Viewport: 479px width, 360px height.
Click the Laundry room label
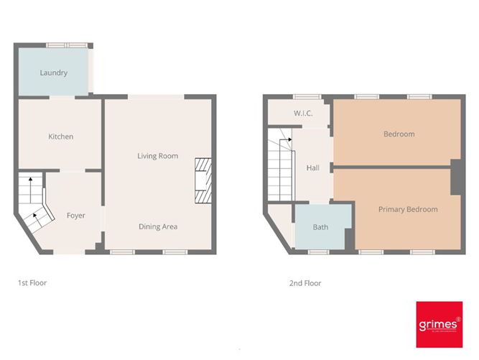point(54,73)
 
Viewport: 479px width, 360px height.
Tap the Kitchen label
point(61,137)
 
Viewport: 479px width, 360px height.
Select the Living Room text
point(158,156)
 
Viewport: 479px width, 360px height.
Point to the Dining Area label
point(158,226)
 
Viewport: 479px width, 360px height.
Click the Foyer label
point(76,216)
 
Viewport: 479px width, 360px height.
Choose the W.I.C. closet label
point(302,114)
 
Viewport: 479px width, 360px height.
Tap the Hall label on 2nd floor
point(313,167)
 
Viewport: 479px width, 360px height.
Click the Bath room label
point(320,227)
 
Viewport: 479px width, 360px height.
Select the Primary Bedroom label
point(408,209)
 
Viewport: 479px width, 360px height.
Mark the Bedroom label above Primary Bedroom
point(399,134)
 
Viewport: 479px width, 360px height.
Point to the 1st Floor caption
point(32,283)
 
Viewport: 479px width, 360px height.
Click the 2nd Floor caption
point(305,283)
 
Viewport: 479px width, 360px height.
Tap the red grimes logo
point(439,325)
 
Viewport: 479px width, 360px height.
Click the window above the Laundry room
point(68,46)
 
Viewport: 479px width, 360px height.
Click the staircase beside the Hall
point(280,165)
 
